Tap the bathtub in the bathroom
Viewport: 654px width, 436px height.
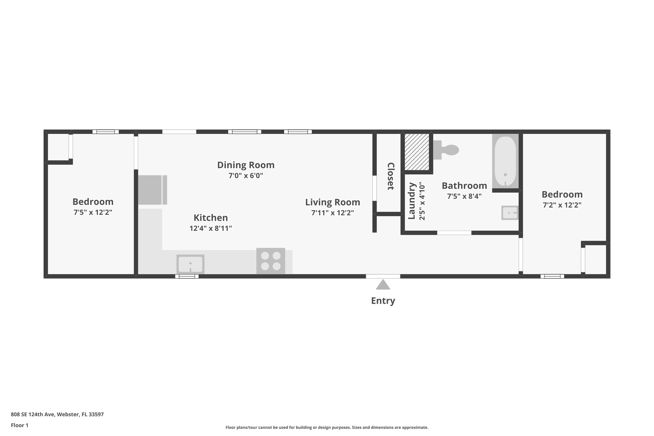(x=505, y=162)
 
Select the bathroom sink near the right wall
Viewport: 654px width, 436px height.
(x=509, y=213)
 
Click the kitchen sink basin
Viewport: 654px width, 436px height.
(x=190, y=264)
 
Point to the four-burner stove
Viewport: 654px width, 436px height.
(x=270, y=261)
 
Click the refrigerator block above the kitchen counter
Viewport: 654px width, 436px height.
(x=152, y=190)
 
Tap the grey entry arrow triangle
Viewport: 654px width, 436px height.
(x=383, y=285)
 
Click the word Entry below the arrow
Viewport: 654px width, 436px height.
(x=383, y=301)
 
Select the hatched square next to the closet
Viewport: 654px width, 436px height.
(x=417, y=152)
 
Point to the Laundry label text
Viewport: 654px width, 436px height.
(x=412, y=201)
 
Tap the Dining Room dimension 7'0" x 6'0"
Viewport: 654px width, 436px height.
(x=246, y=176)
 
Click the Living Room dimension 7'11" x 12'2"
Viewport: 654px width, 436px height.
(x=332, y=213)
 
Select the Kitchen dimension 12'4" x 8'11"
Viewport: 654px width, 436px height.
(x=210, y=228)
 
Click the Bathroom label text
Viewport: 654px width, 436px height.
(x=464, y=186)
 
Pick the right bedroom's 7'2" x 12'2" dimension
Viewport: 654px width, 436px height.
(x=562, y=205)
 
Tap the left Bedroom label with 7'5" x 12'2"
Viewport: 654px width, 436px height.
(x=93, y=202)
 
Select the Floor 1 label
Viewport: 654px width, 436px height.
(x=19, y=425)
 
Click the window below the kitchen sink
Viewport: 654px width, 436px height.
(x=187, y=276)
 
